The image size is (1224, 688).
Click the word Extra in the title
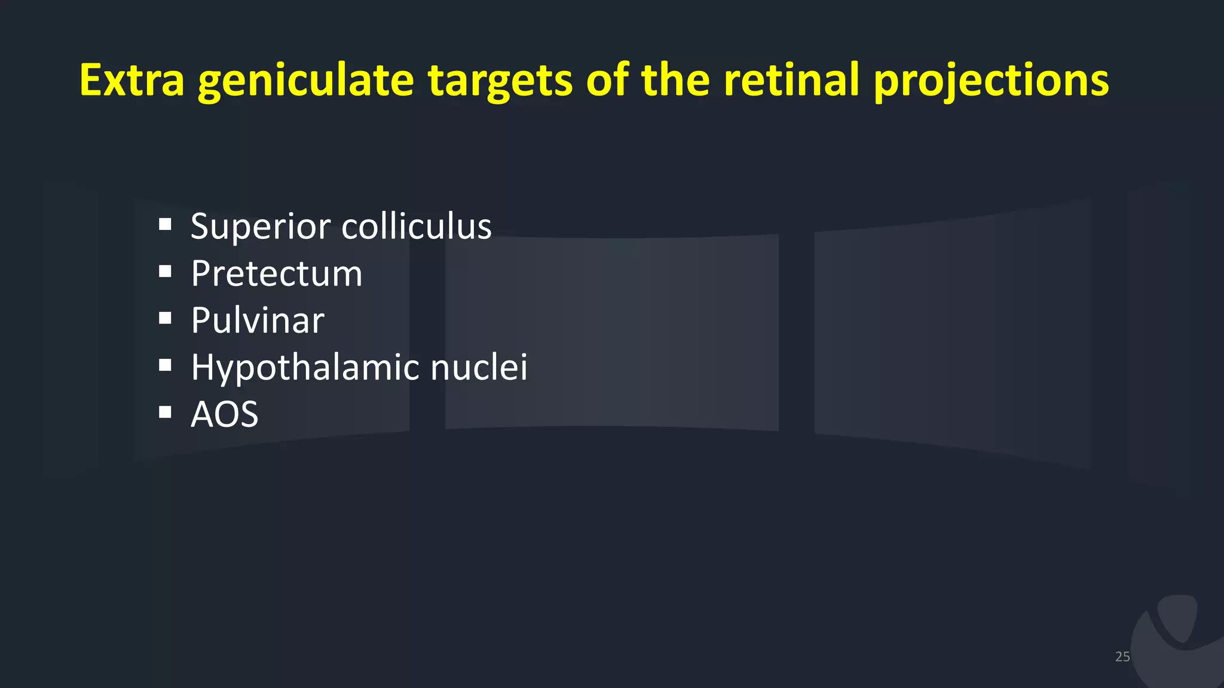[x=132, y=80]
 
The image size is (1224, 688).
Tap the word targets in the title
[x=500, y=81]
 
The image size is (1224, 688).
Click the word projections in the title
[x=991, y=81]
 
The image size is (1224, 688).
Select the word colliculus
[x=417, y=226]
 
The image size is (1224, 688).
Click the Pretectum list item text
[x=277, y=274]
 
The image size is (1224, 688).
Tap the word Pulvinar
[x=258, y=320]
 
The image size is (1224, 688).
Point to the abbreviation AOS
[x=225, y=414]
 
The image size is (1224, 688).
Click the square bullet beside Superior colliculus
[x=166, y=225]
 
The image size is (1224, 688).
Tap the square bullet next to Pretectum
[x=166, y=272]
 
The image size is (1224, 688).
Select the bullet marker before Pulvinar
[x=166, y=318]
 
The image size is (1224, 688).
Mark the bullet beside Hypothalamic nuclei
[x=166, y=365]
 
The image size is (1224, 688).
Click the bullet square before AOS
[x=166, y=412]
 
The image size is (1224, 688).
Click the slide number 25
[x=1122, y=656]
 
